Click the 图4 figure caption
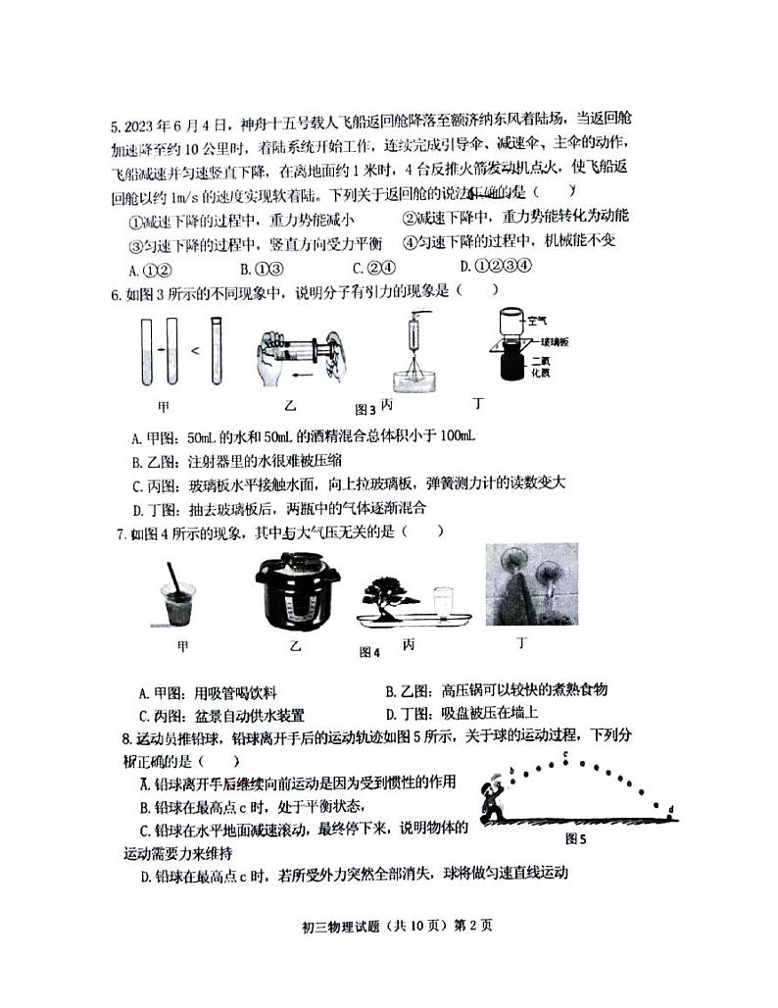[369, 651]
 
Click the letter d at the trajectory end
[670, 809]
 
